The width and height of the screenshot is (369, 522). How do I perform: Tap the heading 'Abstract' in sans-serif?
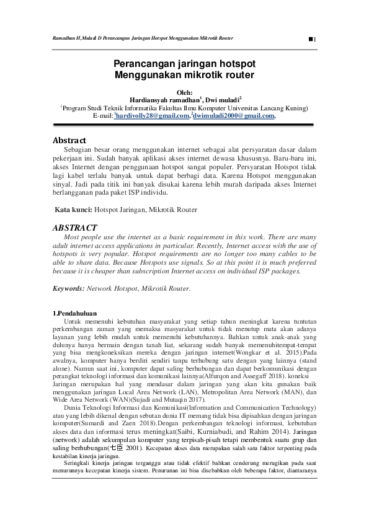click(69, 141)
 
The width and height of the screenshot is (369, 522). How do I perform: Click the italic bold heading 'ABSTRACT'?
click(76, 228)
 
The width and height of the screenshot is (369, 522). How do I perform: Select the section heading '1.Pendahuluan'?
click(74, 312)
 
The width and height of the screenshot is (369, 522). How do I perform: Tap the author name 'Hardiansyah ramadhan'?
click(164, 99)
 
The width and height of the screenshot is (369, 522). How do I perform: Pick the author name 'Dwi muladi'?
click(222, 99)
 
